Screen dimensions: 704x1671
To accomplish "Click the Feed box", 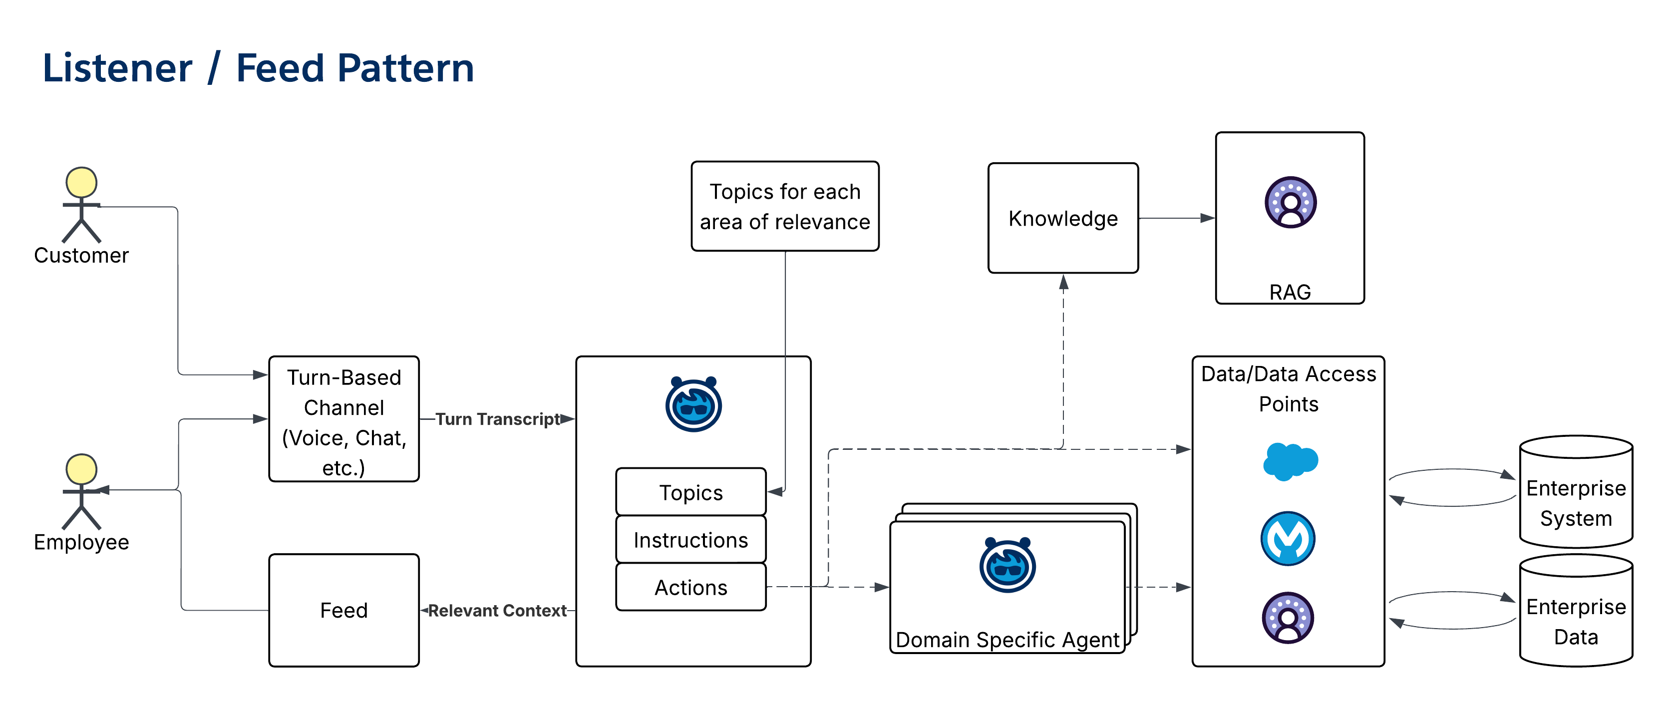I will pos(344,610).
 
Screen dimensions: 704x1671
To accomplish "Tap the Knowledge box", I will pos(1062,218).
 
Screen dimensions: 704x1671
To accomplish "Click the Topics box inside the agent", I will pos(691,492).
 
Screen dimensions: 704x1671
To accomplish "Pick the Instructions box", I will pos(691,540).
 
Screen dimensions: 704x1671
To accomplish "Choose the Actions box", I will pos(691,587).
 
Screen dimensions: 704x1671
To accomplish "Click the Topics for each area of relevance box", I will pos(785,206).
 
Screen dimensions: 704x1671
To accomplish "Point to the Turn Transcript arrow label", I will pos(498,419).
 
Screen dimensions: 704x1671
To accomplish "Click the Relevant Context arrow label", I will pos(498,611).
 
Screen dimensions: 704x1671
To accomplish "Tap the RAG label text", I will pos(1290,292).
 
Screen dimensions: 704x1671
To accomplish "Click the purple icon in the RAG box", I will pos(1290,202).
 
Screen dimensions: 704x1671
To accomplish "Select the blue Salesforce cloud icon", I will pos(1290,461).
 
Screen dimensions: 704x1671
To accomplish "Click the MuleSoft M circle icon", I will pos(1288,539).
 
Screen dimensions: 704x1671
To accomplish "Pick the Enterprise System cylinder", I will pos(1576,503).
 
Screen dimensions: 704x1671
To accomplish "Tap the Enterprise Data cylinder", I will pos(1576,621).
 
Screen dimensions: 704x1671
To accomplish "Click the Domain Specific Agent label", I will pos(1007,640).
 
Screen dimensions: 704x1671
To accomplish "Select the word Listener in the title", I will pos(117,68).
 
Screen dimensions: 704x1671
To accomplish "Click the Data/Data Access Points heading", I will pos(1288,388).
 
